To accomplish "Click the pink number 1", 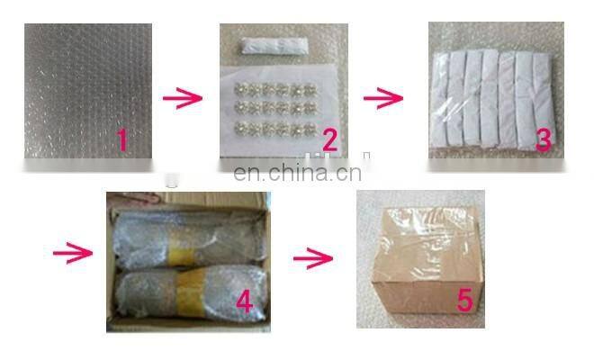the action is click(122, 140).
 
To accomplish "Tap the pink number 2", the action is click(330, 140).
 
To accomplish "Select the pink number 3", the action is click(544, 139).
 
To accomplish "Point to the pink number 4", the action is click(244, 302).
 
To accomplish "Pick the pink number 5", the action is click(464, 300).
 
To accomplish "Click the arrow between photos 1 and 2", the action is click(182, 98).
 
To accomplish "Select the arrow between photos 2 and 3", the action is click(383, 98).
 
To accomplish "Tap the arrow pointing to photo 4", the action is click(72, 253).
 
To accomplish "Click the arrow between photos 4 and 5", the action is click(313, 258).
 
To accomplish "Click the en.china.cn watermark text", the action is click(297, 173).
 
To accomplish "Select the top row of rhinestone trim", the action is click(275, 90).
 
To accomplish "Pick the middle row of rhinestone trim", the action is click(275, 108).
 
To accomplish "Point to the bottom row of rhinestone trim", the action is click(275, 129).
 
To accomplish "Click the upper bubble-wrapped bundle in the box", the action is click(189, 238).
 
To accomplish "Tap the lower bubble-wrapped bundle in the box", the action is click(192, 293).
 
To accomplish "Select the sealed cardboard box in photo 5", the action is click(427, 262).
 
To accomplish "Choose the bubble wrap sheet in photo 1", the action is click(88, 91).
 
